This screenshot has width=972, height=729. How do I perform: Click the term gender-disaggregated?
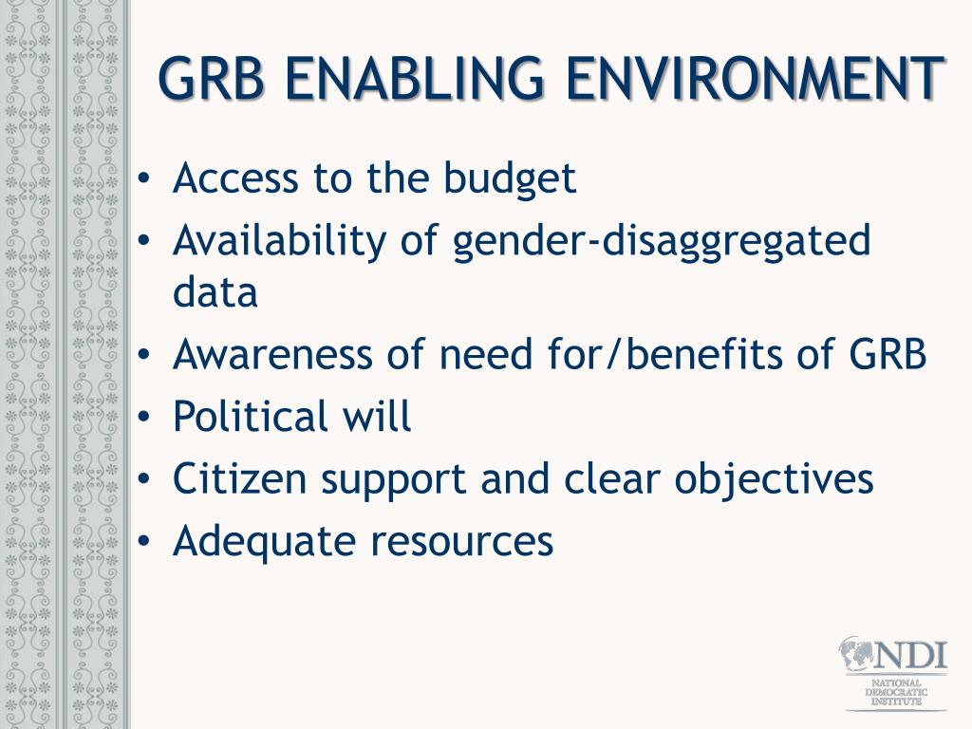[661, 243]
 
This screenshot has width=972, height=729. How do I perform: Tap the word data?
[215, 293]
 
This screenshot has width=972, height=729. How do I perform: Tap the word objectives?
[774, 480]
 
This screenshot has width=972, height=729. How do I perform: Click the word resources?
[461, 542]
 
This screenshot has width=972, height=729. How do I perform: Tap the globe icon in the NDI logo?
[856, 655]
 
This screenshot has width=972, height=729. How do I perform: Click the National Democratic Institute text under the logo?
[896, 692]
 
